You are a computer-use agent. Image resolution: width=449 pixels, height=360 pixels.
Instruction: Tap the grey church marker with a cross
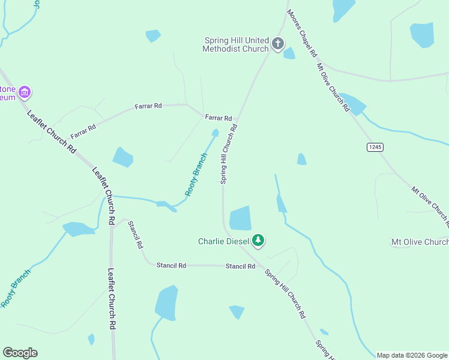277,43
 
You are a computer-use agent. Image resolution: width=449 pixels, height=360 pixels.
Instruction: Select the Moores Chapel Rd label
302,33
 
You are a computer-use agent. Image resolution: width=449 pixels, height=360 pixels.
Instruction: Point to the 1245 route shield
375,147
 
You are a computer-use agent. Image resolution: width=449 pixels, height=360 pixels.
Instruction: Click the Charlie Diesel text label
223,242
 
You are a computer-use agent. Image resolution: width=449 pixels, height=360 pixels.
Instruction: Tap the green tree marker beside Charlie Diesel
258,241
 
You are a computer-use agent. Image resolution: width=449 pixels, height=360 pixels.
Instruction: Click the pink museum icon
25,92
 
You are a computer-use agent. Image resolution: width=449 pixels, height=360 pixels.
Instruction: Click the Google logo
20,353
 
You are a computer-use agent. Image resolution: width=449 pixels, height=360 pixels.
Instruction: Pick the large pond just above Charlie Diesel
241,218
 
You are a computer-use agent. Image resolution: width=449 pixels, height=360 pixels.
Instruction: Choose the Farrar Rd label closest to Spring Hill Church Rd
218,118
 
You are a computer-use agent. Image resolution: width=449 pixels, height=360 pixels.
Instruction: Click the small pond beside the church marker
289,53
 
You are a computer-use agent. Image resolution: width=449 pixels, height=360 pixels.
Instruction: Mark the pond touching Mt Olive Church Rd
354,104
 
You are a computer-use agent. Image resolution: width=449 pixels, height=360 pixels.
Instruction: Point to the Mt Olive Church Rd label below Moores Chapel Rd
333,88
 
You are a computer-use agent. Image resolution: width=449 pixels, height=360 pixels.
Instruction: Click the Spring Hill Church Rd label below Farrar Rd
229,154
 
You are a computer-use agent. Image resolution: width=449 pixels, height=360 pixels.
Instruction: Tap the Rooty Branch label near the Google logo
15,289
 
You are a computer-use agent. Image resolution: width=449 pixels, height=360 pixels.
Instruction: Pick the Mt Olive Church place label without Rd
420,242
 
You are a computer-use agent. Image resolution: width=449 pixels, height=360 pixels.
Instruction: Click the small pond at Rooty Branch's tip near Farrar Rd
215,133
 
